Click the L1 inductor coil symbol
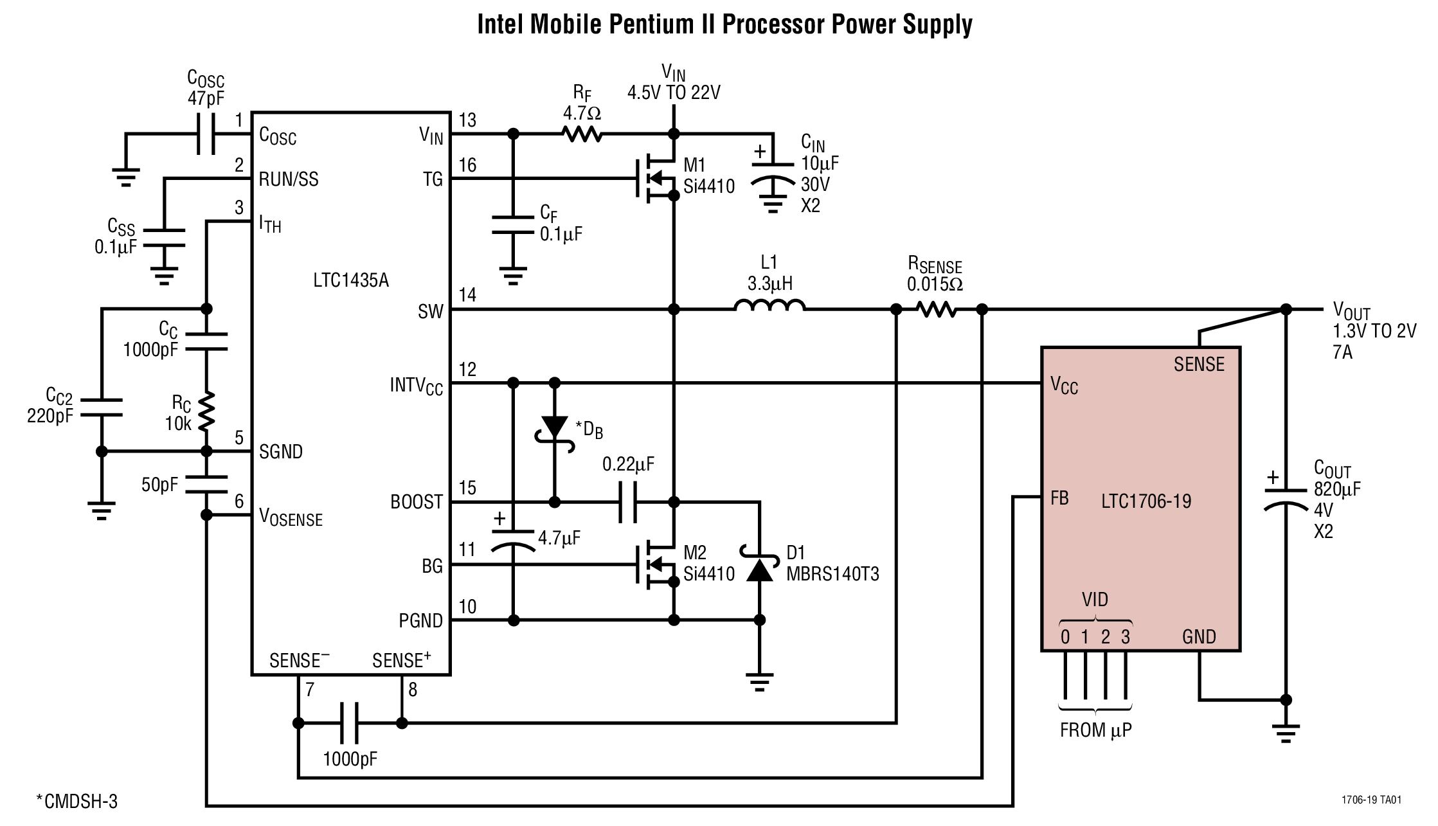tap(769, 306)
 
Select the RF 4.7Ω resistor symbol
tap(582, 134)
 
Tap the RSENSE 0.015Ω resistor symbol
tap(937, 309)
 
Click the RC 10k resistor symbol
tap(206, 412)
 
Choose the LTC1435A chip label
tap(351, 280)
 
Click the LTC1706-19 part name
tap(1146, 501)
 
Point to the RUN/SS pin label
tap(289, 179)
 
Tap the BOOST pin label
tap(417, 502)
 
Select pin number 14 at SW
tap(467, 295)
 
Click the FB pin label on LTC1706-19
tap(1059, 498)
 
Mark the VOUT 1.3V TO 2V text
tap(1374, 330)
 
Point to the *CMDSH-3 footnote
tap(77, 801)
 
